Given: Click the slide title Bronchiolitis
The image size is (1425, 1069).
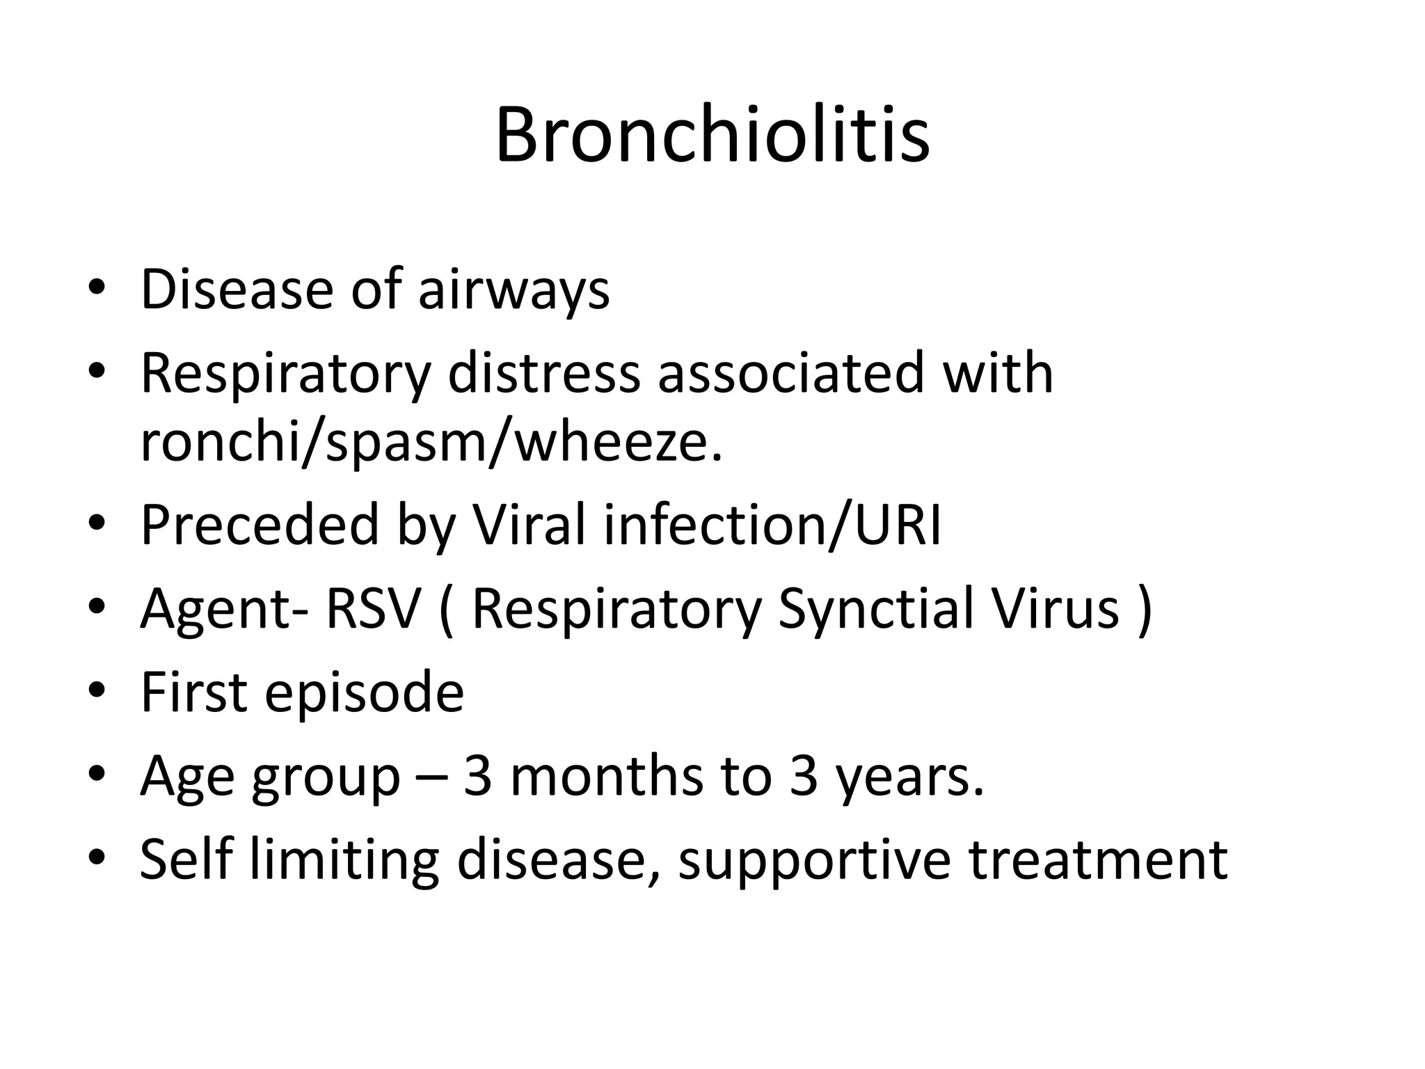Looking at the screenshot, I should click(x=712, y=135).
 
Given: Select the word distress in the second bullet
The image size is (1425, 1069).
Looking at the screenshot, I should click(x=543, y=373).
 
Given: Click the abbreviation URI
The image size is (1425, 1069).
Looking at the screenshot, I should click(x=898, y=525).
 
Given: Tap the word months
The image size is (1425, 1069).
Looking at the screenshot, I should click(x=606, y=775).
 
